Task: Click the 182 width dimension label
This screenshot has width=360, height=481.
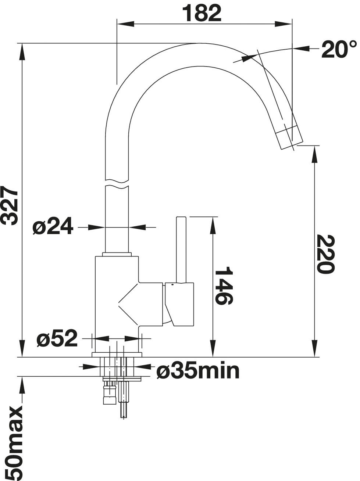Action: click(x=202, y=13)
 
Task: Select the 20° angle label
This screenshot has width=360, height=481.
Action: click(x=339, y=50)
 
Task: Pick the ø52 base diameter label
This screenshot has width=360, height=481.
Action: click(x=57, y=344)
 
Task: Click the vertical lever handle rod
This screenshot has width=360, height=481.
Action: click(x=181, y=250)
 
